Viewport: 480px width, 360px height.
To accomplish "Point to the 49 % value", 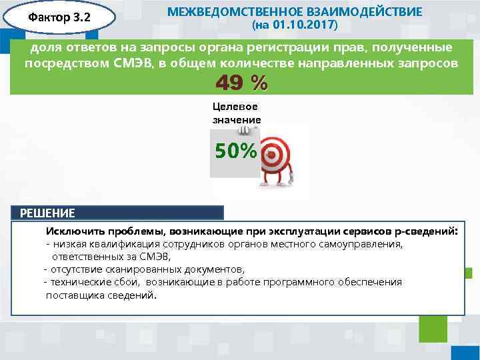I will click(241, 83).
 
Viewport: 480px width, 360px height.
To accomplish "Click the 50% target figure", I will click(235, 151).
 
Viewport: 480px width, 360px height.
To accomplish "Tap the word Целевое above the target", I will click(235, 107).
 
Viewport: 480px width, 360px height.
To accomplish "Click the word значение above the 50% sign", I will click(237, 119).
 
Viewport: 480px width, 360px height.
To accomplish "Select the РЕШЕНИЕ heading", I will click(48, 213).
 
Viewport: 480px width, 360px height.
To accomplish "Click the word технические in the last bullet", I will click(77, 282).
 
